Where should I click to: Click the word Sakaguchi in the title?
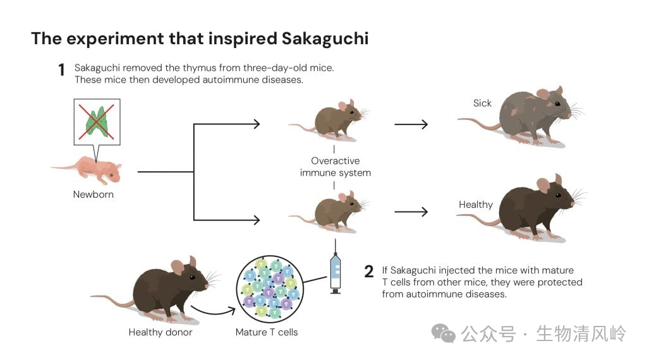coord(325,39)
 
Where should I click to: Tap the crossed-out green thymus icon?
coord(97,122)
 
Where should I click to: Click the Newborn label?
coord(94,195)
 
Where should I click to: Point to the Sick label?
coord(482,103)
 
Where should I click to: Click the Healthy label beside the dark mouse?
coord(476,205)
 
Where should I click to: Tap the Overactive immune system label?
coord(336,167)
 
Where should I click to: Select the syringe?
coord(336,268)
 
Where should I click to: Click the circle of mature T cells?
coord(269,289)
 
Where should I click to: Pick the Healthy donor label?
coord(160,332)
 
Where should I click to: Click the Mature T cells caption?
coord(267,332)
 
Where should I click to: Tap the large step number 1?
coord(61,69)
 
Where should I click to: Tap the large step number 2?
coord(369,272)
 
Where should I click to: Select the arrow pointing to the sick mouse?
coord(411,124)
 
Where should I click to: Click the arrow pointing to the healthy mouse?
coord(411,212)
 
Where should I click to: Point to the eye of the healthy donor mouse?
coord(192,277)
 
